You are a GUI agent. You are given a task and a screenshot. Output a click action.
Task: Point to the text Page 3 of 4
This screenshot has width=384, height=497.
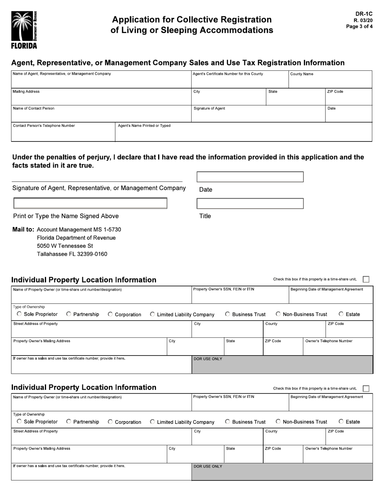point(359,27)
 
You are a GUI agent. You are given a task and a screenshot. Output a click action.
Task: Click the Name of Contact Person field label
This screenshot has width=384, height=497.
point(34,108)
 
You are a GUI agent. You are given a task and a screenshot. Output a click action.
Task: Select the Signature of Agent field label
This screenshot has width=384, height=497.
point(209,108)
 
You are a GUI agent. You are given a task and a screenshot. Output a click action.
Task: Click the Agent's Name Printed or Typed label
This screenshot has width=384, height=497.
point(144,126)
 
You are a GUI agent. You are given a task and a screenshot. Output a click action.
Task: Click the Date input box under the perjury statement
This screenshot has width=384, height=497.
point(250,177)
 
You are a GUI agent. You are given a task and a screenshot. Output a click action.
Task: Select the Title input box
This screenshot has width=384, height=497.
point(250,203)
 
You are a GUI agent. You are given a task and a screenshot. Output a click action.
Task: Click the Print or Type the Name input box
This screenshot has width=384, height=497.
point(90,203)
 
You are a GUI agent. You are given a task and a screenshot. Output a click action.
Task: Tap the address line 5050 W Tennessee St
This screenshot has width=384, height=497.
point(65,246)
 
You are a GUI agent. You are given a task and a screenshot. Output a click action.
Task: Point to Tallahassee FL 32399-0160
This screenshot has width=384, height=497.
point(72,254)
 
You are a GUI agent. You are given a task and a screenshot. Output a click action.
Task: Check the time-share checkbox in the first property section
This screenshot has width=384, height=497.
point(366,279)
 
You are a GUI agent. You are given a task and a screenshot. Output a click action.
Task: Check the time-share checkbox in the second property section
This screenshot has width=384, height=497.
point(366,388)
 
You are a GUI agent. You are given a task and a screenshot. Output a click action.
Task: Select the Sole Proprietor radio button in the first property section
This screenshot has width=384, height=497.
point(19,314)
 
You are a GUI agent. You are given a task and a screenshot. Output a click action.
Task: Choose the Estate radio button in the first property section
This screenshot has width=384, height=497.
point(341,314)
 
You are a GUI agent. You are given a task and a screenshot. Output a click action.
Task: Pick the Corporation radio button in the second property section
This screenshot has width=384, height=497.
point(110,422)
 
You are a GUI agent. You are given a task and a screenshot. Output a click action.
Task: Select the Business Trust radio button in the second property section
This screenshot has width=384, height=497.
point(228,421)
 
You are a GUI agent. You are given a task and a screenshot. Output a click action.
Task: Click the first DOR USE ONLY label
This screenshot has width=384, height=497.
point(208,359)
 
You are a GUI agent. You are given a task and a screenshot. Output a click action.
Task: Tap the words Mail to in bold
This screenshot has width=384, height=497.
point(23,230)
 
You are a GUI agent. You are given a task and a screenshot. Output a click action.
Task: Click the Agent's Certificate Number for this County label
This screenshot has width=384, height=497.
point(228,74)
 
